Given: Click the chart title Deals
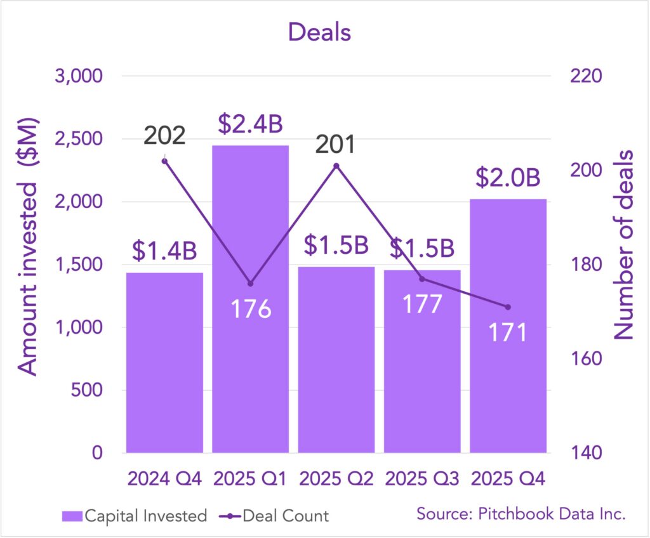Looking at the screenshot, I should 319,32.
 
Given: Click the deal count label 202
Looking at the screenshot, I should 164,136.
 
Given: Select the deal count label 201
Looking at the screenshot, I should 336,143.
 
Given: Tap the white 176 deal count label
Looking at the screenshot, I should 250,308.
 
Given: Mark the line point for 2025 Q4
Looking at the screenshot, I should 508,307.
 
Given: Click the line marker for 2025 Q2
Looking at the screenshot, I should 336,166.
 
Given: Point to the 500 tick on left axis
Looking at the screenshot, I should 85,390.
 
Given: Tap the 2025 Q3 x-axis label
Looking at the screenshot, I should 422,478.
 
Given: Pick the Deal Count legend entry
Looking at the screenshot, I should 286,516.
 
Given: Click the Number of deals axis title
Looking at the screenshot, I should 625,244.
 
